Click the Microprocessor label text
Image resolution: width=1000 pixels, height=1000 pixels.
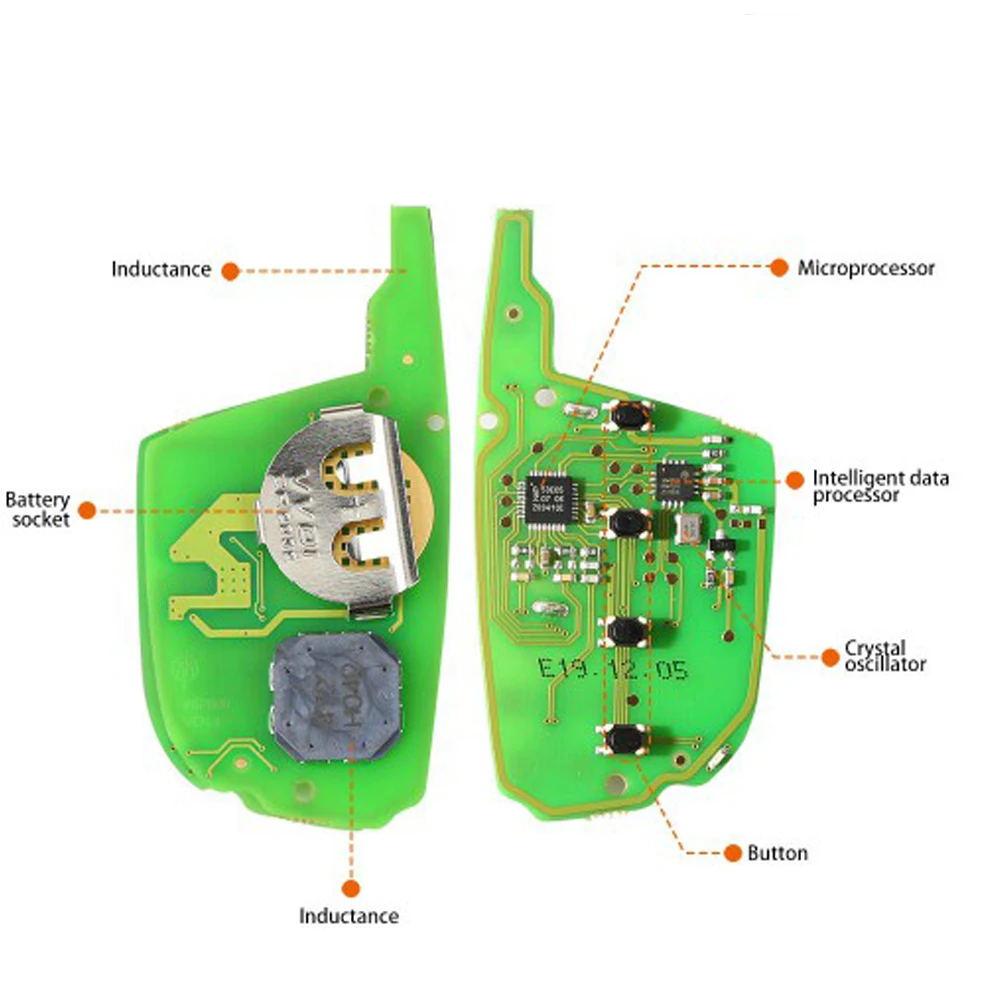[x=866, y=268]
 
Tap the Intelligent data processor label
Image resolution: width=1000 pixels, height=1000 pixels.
[x=880, y=486]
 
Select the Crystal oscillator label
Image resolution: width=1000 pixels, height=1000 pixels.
[x=885, y=656]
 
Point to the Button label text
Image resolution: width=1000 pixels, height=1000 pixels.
[x=778, y=853]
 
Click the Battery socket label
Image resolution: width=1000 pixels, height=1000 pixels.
[x=38, y=509]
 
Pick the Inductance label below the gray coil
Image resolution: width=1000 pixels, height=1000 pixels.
[x=349, y=916]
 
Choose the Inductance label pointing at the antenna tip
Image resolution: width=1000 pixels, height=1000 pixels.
[x=161, y=269]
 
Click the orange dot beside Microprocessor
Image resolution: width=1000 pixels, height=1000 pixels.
[x=779, y=267]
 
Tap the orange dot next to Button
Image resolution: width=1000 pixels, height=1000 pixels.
[x=732, y=853]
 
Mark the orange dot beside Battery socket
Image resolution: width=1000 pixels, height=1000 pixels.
[x=87, y=510]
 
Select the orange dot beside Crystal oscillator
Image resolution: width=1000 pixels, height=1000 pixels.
[x=829, y=657]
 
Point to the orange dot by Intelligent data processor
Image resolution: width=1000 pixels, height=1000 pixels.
[x=795, y=479]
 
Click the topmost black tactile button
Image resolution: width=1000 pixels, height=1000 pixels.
[x=628, y=413]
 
